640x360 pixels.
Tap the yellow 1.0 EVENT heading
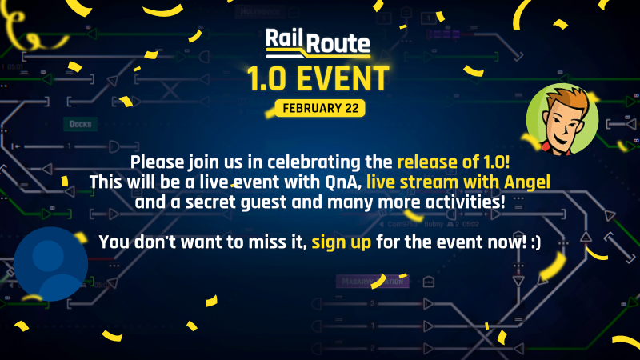click(319, 79)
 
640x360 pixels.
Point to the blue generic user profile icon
click(50, 262)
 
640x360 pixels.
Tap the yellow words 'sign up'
click(342, 240)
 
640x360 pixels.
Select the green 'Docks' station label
click(81, 124)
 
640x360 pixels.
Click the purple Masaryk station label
click(370, 282)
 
